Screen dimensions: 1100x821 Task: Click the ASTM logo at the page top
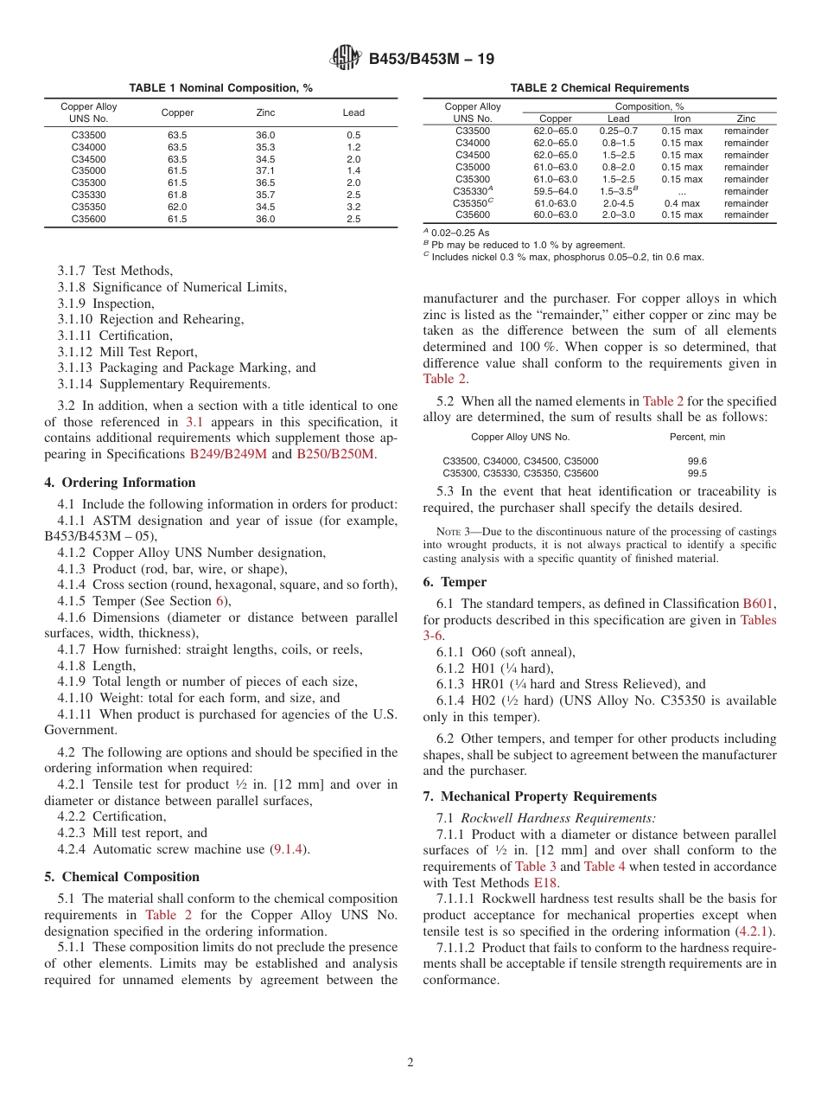point(347,59)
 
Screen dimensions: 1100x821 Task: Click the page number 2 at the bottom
point(410,1062)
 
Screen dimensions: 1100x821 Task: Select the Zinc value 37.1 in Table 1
point(265,171)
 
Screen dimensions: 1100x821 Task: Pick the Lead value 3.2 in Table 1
point(353,208)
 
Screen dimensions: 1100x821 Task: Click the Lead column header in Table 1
point(353,112)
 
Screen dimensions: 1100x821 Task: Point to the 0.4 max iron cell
point(682,203)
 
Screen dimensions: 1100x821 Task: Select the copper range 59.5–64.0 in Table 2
point(555,191)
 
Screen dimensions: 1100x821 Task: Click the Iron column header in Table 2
point(682,119)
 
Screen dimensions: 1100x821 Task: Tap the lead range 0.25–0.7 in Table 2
point(619,131)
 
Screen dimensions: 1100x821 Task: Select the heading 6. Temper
point(455,582)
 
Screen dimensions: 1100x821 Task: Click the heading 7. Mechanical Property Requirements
point(539,796)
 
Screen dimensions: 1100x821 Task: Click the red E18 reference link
point(546,883)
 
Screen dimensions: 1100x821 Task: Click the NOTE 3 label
point(455,532)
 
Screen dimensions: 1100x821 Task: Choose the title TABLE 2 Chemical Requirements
point(599,88)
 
